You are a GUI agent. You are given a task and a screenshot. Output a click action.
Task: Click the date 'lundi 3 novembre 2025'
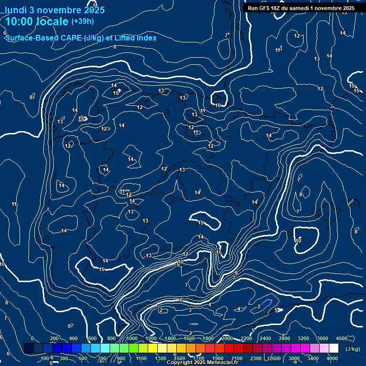pyautogui.click(x=54, y=10)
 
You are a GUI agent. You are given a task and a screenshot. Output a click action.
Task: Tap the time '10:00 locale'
pyautogui.click(x=37, y=21)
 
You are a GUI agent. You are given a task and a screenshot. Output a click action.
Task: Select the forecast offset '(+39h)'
pyautogui.click(x=82, y=21)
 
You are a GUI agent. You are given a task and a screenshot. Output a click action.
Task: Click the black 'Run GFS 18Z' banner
pyautogui.click(x=301, y=8)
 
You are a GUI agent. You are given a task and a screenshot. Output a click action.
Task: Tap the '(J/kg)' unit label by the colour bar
pyautogui.click(x=353, y=349)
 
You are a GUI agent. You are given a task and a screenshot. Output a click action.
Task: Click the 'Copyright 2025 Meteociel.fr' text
pyautogui.click(x=203, y=362)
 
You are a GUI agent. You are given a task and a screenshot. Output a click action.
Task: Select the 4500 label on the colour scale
pyautogui.click(x=341, y=338)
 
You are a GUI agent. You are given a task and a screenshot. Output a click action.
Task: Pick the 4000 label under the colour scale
pyautogui.click(x=332, y=358)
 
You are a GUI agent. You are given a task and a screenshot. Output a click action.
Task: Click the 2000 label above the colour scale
pyautogui.click(x=227, y=338)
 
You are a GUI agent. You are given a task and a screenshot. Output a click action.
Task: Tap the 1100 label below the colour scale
pyautogui.click(x=142, y=358)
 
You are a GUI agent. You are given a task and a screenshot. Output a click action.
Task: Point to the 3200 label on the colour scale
pyautogui.click(x=304, y=338)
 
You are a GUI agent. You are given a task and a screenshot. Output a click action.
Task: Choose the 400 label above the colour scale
pyautogui.click(x=73, y=338)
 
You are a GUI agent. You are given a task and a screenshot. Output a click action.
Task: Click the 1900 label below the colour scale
pyautogui.click(x=218, y=358)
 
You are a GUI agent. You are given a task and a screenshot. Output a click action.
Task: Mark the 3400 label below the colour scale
pyautogui.click(x=313, y=358)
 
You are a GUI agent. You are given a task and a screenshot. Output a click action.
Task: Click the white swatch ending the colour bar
pyautogui.click(x=334, y=348)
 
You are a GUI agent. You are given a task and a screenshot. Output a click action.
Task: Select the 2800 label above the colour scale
pyautogui.click(x=285, y=338)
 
